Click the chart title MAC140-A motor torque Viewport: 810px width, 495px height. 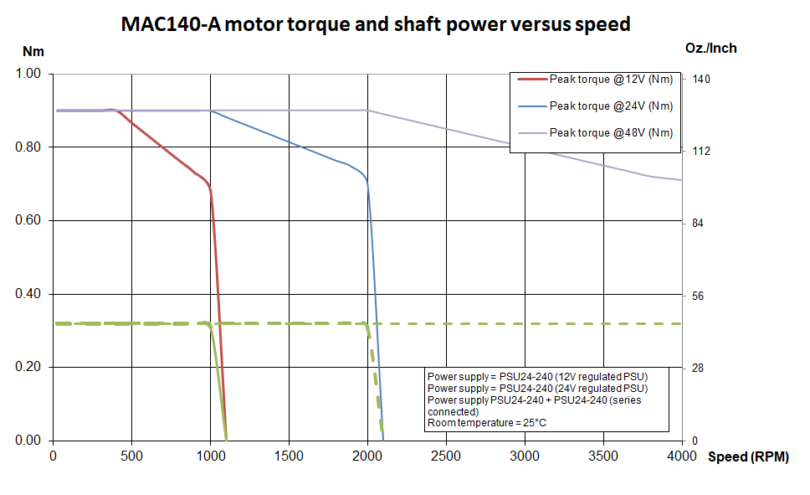[376, 24]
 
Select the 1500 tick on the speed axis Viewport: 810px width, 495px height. [289, 456]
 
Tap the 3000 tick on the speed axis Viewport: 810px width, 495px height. [525, 456]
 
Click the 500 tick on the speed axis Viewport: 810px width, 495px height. [131, 456]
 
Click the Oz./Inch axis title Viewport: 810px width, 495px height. [710, 48]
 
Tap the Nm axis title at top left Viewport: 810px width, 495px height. [33, 51]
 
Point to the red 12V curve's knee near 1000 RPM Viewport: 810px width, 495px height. [209, 190]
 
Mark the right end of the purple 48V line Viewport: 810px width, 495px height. [681, 180]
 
